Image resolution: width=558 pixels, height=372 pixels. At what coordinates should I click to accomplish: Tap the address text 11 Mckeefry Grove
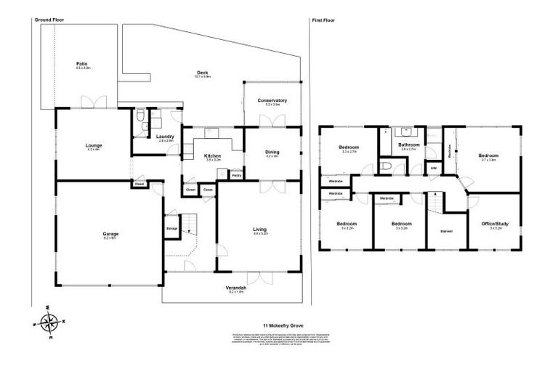click(x=280, y=325)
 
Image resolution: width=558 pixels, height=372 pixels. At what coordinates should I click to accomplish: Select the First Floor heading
click(x=324, y=20)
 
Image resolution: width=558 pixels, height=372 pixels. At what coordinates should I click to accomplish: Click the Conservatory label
click(x=272, y=101)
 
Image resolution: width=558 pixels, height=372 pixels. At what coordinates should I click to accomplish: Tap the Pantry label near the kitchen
click(x=236, y=175)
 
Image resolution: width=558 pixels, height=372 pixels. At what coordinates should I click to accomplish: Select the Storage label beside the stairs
click(x=171, y=227)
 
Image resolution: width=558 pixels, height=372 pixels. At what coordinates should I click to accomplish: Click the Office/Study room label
click(x=496, y=224)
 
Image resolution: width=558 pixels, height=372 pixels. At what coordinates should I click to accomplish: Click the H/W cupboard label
click(x=433, y=168)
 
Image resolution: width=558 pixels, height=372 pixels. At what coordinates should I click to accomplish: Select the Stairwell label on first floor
click(x=445, y=230)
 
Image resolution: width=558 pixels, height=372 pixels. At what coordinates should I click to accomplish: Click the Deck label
click(x=203, y=73)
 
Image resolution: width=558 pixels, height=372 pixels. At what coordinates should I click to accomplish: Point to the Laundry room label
click(x=164, y=137)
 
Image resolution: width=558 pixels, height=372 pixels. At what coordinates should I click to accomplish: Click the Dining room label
click(x=272, y=152)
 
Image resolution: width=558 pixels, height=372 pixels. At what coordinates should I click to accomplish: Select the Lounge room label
click(x=94, y=145)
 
